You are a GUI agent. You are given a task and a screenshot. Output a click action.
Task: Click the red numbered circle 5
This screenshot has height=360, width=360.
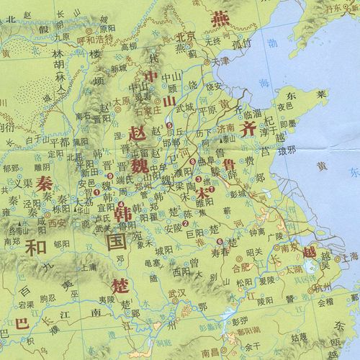(168, 126)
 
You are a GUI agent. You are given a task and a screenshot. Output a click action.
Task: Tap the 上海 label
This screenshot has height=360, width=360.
(350, 264)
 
